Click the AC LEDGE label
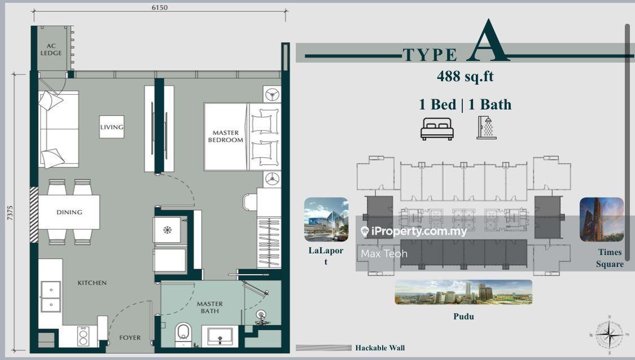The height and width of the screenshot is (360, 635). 51,50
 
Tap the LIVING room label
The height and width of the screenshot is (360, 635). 112,127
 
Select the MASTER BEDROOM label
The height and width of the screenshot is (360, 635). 226,136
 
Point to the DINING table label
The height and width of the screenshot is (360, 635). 69,212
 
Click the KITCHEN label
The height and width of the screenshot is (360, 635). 93,283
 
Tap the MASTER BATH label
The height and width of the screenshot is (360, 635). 210,307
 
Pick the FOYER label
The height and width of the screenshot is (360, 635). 130,337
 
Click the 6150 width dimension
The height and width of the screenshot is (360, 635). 160,7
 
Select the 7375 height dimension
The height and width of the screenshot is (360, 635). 10,213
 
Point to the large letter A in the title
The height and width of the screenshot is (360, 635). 488,41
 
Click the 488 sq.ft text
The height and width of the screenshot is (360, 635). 465,76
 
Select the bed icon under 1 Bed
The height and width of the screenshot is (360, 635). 437,129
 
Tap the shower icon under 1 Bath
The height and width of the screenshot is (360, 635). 487,128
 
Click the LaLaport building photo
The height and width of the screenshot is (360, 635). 326,219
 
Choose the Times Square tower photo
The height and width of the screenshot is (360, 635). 602,219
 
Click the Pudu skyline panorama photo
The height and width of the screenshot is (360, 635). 463,292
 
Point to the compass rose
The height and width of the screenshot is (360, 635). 610,335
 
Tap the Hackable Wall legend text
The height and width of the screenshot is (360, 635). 380,348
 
